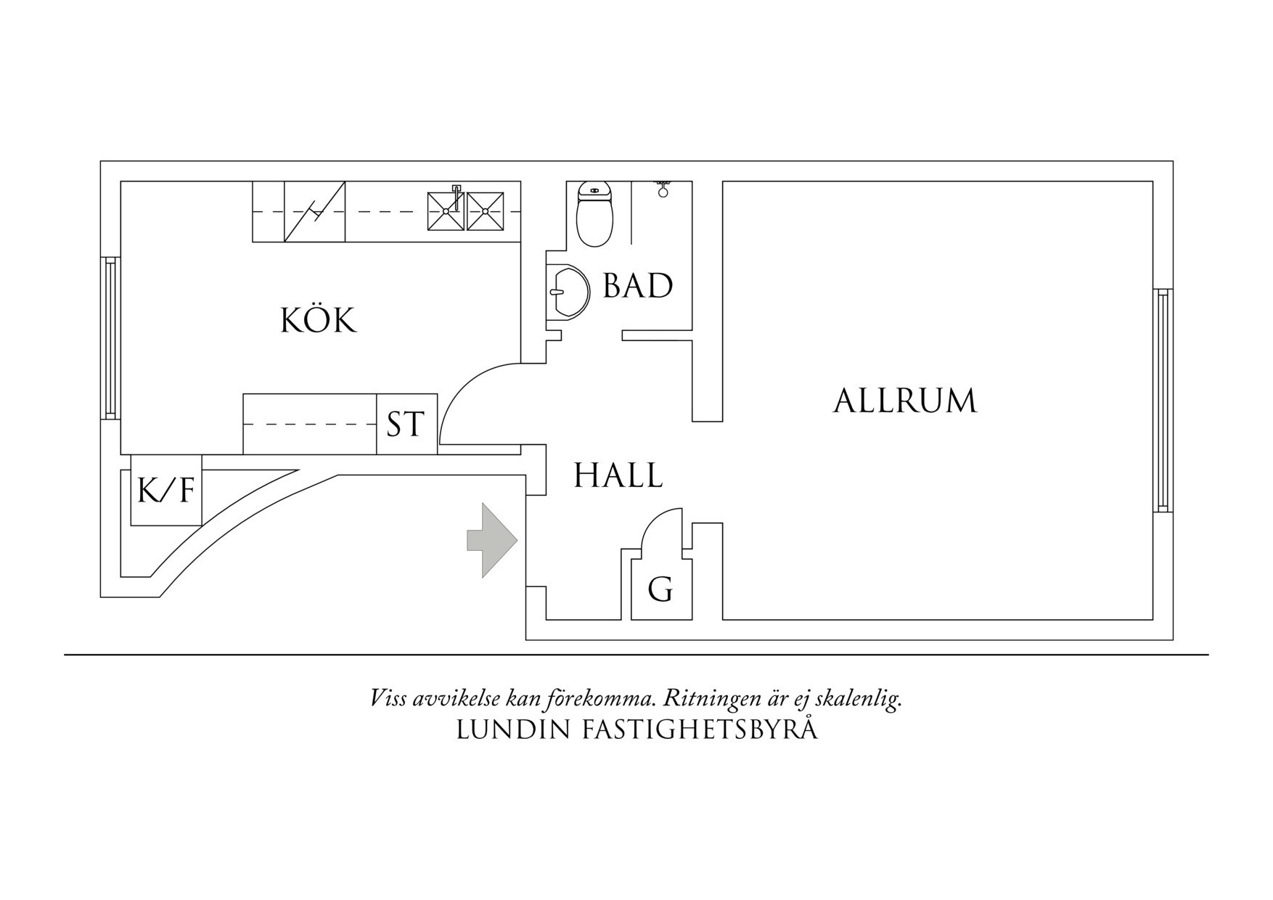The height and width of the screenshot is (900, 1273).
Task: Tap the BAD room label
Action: tap(638, 286)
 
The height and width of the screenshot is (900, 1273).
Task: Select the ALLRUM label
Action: tap(904, 401)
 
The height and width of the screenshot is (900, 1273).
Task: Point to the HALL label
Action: tap(618, 476)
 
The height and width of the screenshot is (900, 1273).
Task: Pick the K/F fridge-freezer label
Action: tap(166, 490)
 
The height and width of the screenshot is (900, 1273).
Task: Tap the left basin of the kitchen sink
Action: tap(445, 210)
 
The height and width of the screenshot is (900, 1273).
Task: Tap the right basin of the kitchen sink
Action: tap(485, 210)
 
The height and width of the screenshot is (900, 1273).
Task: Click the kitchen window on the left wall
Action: tap(110, 337)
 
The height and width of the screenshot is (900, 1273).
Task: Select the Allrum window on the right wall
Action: tap(1163, 400)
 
